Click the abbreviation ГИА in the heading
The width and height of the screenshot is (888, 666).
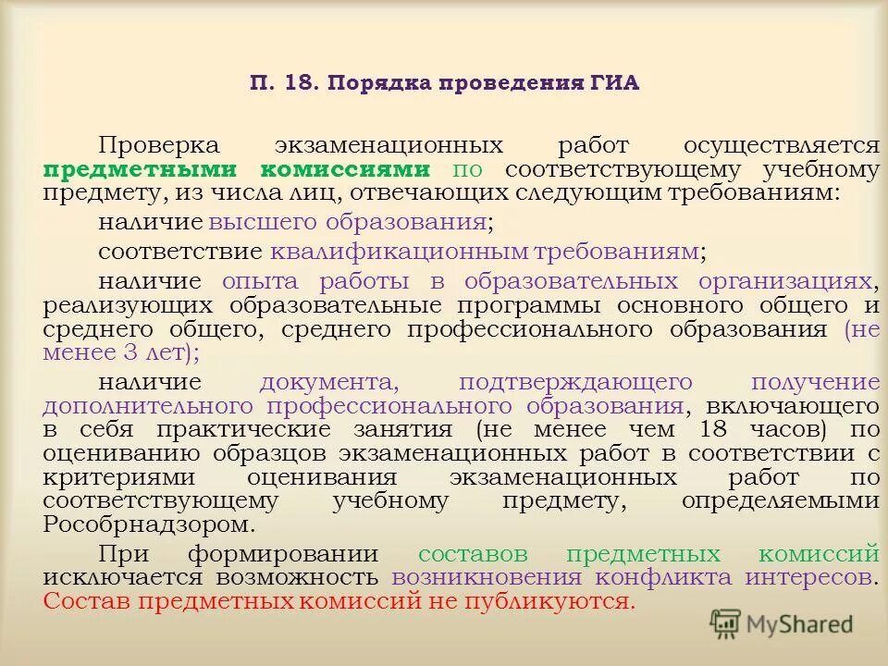612,83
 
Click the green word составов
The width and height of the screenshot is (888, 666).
473,554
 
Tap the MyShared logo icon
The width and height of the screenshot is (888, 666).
725,623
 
